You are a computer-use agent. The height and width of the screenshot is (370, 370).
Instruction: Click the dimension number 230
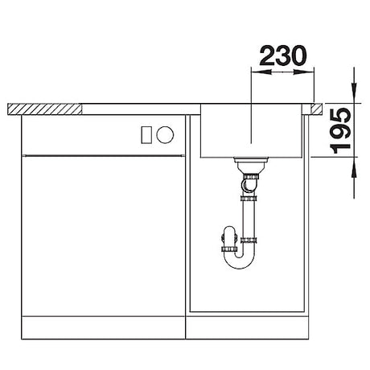tap(282, 55)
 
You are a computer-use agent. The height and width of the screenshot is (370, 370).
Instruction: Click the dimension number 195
tap(340, 130)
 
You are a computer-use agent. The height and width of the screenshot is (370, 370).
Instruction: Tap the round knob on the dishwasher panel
tap(165, 134)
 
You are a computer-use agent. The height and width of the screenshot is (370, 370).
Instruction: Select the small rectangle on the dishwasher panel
tap(146, 134)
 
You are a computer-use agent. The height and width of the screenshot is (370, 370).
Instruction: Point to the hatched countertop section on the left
tap(44, 109)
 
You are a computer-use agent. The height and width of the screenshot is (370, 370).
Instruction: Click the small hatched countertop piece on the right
tap(317, 109)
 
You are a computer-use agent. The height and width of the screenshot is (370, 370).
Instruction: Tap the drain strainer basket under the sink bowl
tap(251, 164)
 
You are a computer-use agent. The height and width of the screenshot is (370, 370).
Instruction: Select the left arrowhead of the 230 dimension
tap(261, 72)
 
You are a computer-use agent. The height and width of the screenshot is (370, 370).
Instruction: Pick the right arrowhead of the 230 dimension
tap(304, 72)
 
